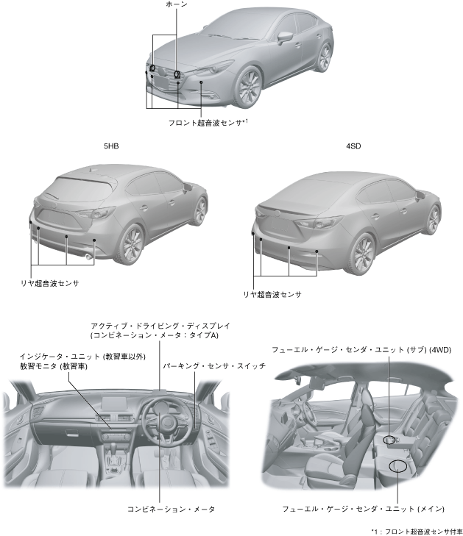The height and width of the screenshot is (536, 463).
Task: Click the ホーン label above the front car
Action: coord(177,4)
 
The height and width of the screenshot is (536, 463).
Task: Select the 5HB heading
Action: coord(111,146)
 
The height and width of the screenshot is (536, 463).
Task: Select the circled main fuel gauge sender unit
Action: coord(399,465)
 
